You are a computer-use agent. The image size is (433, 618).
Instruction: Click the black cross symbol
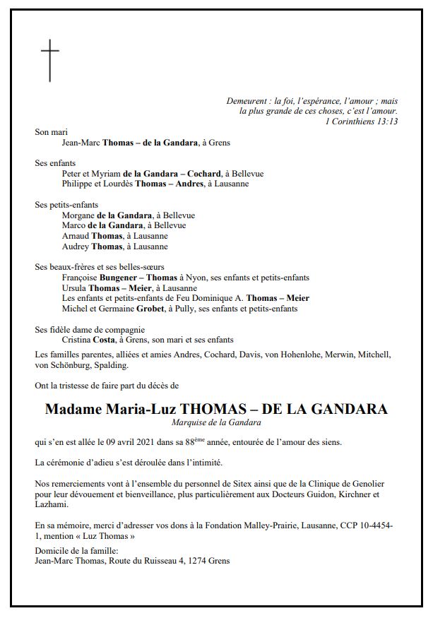tap(49, 61)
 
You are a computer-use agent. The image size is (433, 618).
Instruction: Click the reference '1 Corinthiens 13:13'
tap(362, 121)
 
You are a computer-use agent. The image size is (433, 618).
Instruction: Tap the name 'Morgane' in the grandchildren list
tap(78, 215)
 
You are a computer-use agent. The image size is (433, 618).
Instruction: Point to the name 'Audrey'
tap(76, 246)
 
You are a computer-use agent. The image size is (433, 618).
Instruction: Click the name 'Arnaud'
tap(76, 236)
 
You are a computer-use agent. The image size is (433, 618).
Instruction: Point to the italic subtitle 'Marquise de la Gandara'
tap(216, 422)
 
